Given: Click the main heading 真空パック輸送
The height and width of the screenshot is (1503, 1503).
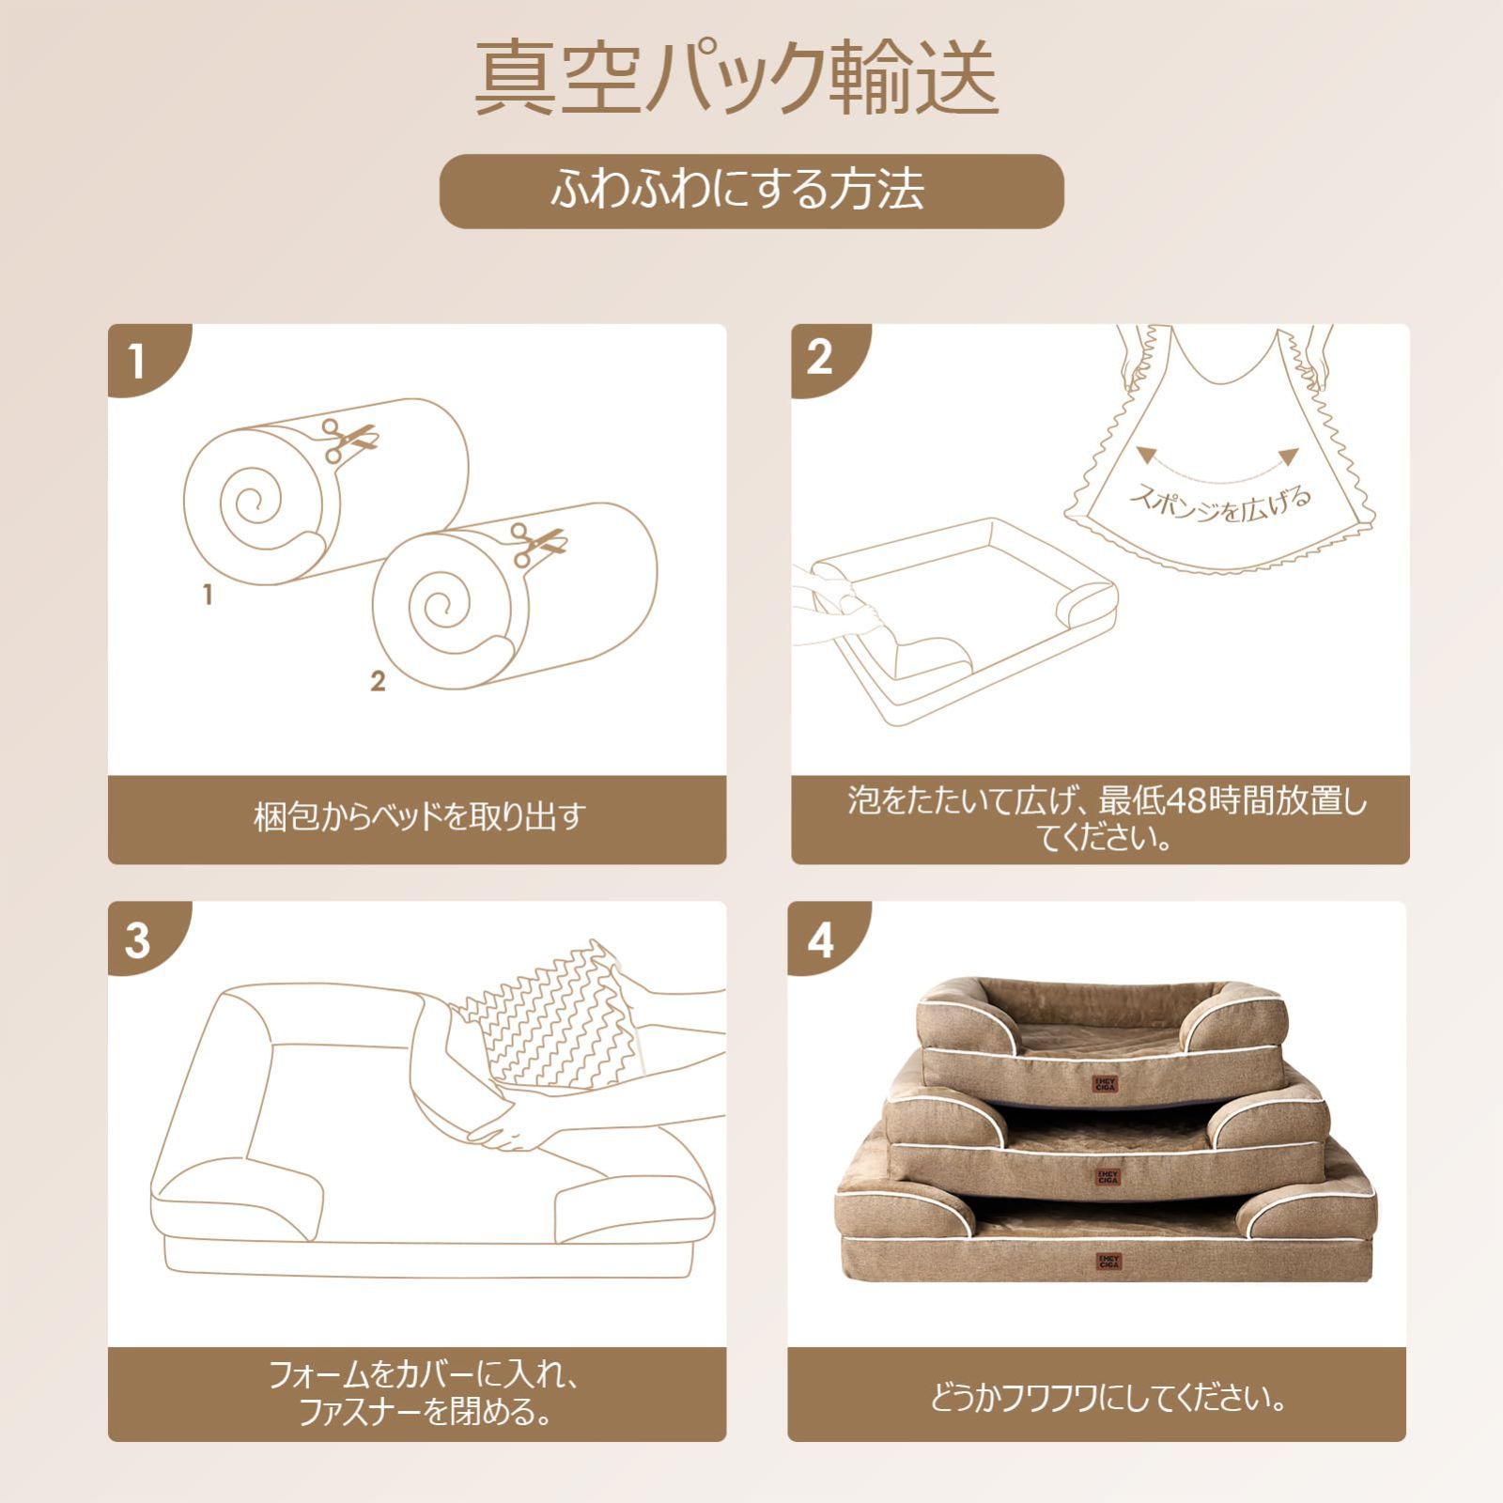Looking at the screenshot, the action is tap(736, 78).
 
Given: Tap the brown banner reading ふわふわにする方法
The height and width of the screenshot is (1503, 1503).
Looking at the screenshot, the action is tap(751, 191).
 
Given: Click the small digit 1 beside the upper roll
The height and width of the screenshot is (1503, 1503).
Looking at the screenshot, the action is tap(208, 595).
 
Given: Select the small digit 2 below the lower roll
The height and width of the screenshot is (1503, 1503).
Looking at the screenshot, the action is tap(378, 681).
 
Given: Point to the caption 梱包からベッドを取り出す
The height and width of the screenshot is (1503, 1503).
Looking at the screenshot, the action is tap(420, 816).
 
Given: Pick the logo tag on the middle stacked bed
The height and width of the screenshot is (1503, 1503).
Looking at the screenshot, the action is tap(1108, 1175).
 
